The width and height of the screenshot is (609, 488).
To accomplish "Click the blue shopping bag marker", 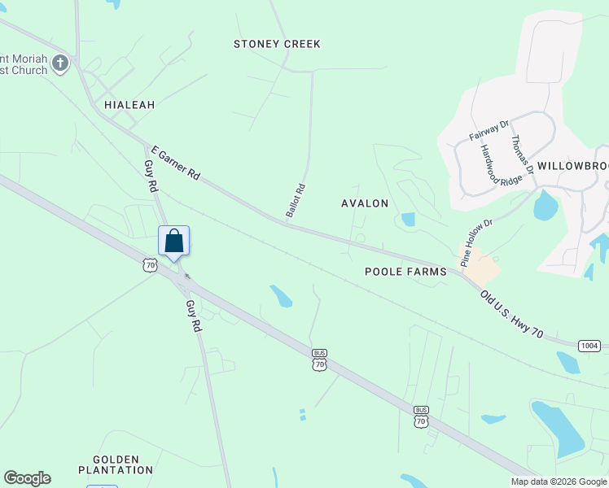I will [173, 242].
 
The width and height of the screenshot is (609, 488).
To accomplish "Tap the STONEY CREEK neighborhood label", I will [277, 44].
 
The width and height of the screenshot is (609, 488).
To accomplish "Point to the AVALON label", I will [365, 203].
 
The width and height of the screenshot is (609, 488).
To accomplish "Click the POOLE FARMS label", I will [405, 272].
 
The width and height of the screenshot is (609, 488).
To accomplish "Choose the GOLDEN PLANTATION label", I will [116, 464].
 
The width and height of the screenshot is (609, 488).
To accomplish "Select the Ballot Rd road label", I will [295, 200].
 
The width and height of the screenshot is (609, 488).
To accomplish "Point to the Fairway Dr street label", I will [489, 130].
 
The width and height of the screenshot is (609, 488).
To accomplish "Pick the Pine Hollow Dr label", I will [477, 242].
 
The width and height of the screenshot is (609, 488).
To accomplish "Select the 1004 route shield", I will [589, 346].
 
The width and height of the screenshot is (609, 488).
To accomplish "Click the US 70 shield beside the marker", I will [148, 264].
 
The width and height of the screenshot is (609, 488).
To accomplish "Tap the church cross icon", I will [59, 63].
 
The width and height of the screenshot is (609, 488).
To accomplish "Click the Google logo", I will [27, 478].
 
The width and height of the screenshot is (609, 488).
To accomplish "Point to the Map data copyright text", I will [559, 481].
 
